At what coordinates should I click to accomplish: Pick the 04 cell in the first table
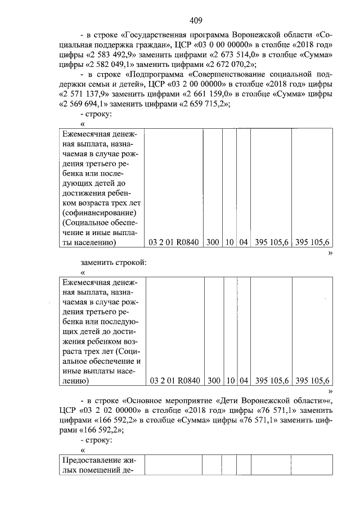(243, 242)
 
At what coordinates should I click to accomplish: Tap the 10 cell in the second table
(230, 381)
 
